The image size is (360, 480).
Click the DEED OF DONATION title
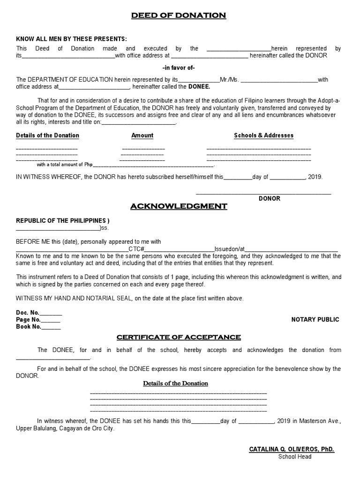coord(178,16)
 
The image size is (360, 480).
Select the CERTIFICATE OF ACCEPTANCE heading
coord(179,337)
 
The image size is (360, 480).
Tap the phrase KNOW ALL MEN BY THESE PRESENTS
coord(71,39)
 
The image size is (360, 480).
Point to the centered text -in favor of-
coord(178,67)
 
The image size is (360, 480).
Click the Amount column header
coord(142,135)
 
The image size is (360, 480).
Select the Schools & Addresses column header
coord(263,135)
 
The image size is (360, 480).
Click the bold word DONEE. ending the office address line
coord(199,87)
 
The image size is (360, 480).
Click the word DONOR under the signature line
coord(270,198)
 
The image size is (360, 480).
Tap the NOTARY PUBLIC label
coord(315,320)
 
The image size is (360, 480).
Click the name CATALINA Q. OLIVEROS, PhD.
coord(292,450)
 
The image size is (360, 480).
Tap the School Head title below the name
coord(295,457)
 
